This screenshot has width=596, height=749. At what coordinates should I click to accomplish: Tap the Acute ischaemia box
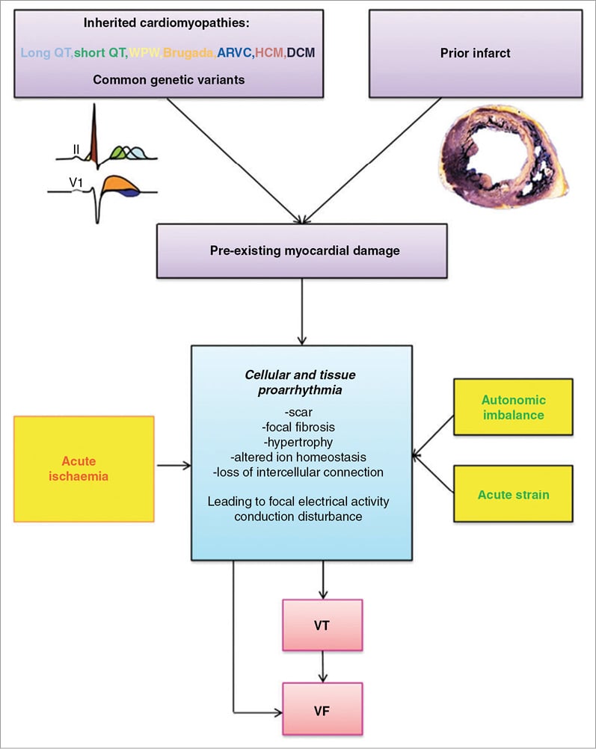[84, 468]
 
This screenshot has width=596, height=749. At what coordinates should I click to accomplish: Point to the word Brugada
[188, 53]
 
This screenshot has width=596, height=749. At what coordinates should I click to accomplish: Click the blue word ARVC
[235, 53]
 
